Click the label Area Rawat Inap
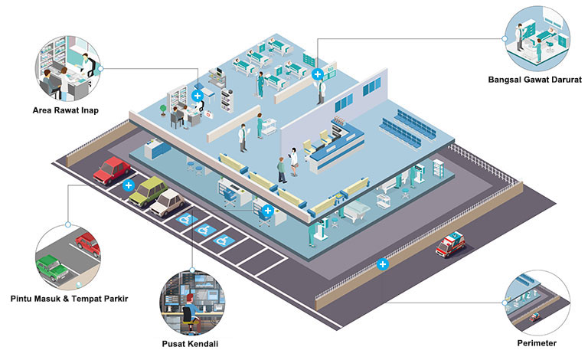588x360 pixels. (65, 110)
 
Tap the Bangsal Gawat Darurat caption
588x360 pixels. (535, 80)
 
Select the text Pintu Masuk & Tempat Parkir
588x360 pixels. (68, 298)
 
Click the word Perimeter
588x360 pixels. (536, 342)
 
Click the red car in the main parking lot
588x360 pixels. (110, 169)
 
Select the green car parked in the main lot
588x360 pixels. (148, 191)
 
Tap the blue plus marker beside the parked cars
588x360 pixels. (129, 185)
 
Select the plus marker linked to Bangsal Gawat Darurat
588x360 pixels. (318, 74)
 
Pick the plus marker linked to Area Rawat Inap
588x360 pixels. (198, 96)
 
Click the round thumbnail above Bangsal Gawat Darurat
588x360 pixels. (536, 38)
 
